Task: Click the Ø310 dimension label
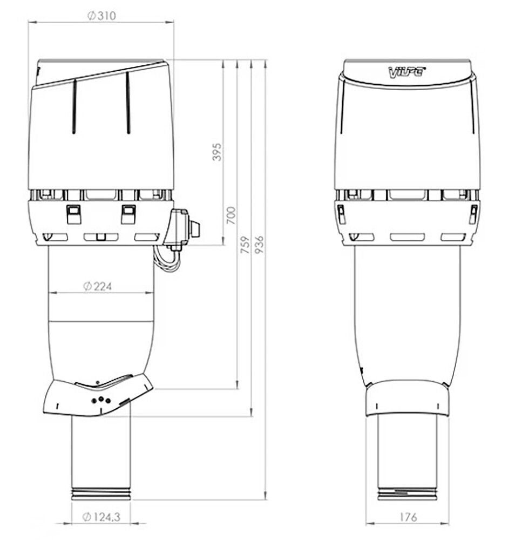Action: [x=101, y=16]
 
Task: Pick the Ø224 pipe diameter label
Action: [x=98, y=287]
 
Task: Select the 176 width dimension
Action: [x=408, y=517]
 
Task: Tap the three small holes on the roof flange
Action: [x=101, y=400]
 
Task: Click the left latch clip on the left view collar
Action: [x=73, y=214]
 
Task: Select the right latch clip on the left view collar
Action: [x=128, y=214]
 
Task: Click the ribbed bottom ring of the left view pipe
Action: [x=101, y=493]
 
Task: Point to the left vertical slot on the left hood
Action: [x=74, y=105]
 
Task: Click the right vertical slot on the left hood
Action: [x=128, y=103]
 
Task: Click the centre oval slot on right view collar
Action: [x=408, y=237]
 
